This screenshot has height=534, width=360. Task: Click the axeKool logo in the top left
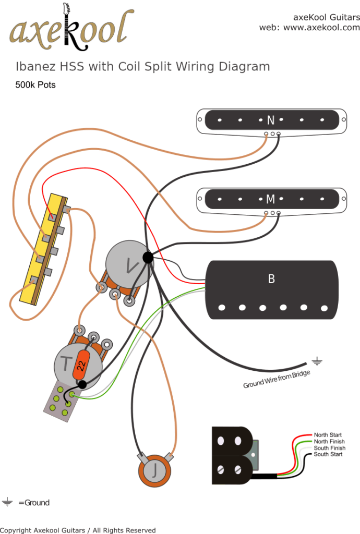pyautogui.click(x=68, y=29)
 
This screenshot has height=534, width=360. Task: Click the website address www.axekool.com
pyautogui.click(x=321, y=27)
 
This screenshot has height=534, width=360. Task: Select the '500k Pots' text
pyautogui.click(x=35, y=84)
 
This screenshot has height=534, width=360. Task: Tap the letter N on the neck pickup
pyautogui.click(x=270, y=120)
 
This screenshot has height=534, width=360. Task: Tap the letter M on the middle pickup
pyautogui.click(x=270, y=199)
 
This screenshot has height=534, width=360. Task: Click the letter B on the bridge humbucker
pyautogui.click(x=271, y=279)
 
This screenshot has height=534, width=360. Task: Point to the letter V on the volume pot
pyautogui.click(x=130, y=266)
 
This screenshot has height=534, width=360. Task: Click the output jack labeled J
pyautogui.click(x=155, y=472)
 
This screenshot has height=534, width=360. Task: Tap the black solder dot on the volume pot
pyautogui.click(x=148, y=257)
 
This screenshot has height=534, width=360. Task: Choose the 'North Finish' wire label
pyautogui.click(x=329, y=442)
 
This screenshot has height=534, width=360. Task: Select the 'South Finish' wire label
pyautogui.click(x=329, y=448)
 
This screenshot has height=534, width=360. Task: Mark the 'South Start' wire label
pyautogui.click(x=328, y=454)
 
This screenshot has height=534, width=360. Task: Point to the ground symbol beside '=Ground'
pyautogui.click(x=7, y=503)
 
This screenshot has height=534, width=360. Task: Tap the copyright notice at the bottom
pyautogui.click(x=78, y=530)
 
